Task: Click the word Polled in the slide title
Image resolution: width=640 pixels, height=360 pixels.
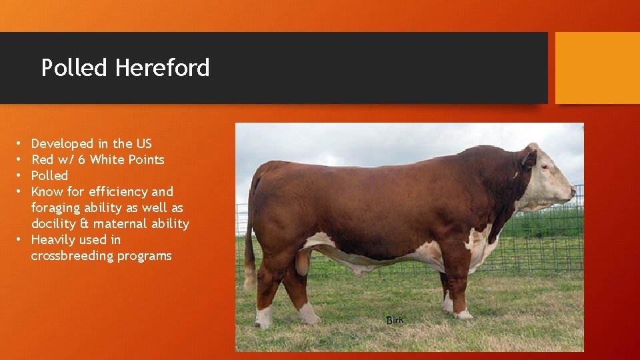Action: [74, 68]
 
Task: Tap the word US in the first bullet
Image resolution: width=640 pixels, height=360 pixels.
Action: [144, 143]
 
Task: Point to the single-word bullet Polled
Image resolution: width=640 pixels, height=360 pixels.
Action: [49, 175]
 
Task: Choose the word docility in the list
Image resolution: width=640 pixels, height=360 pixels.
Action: [54, 223]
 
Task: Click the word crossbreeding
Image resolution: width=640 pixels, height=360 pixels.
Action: [72, 255]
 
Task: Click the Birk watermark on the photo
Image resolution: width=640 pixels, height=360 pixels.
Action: [395, 320]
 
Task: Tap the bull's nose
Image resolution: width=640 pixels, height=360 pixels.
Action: [572, 191]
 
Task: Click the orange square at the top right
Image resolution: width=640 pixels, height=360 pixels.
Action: [597, 68]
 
